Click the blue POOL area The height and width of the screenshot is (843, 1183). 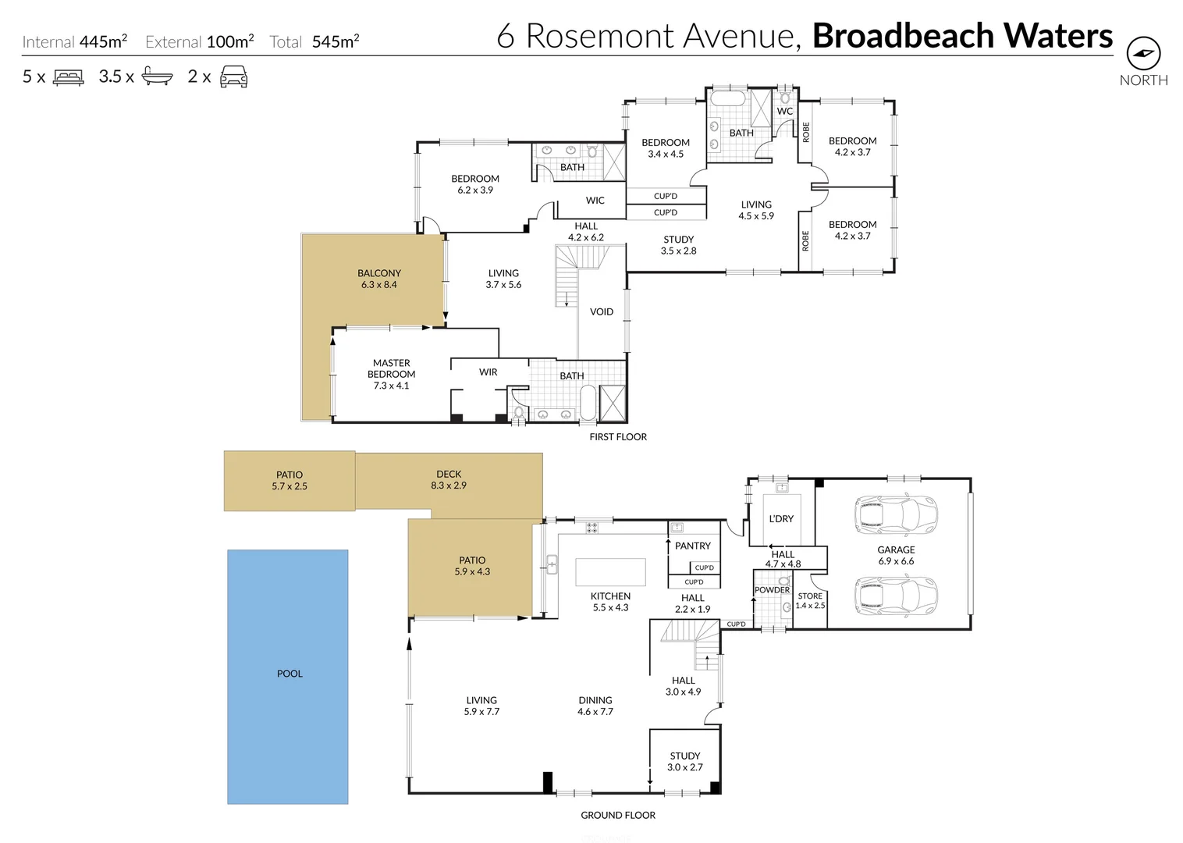[288, 676]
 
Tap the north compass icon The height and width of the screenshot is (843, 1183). [1143, 54]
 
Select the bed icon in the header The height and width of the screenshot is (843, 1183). [68, 77]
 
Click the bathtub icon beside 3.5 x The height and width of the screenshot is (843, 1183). [157, 77]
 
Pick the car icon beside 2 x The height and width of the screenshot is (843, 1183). [233, 76]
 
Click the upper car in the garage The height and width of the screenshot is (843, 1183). [897, 516]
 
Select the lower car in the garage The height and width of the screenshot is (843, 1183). [897, 597]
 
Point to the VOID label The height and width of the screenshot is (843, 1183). [601, 311]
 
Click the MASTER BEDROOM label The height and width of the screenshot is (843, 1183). [391, 374]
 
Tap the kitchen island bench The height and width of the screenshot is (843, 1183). [610, 571]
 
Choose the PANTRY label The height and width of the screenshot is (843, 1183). [692, 546]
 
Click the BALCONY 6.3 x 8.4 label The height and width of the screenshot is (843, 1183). [379, 279]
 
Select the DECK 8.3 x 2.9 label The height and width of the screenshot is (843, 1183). [449, 479]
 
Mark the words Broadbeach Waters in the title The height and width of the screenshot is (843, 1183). [962, 36]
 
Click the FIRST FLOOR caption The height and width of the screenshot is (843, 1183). [617, 437]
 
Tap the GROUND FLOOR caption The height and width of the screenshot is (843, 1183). [617, 815]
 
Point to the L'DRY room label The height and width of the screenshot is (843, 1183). [780, 518]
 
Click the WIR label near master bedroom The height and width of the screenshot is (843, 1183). [488, 372]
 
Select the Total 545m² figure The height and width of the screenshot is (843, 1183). [314, 41]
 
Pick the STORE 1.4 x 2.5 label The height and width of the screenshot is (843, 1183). [810, 600]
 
